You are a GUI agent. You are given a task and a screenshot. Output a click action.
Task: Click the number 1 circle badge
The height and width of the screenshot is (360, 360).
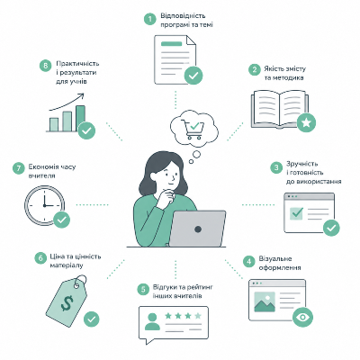point(150,19)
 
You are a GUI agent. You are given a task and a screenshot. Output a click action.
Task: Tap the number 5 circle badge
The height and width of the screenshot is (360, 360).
point(143,290)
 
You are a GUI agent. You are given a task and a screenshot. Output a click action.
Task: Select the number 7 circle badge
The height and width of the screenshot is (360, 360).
point(19,168)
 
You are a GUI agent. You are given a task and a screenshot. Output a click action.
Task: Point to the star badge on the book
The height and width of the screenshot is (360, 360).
point(306,122)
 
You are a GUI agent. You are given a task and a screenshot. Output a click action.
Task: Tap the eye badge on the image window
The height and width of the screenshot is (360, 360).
point(302,317)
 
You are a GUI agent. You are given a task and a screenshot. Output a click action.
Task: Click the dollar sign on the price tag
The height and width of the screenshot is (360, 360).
point(67,302)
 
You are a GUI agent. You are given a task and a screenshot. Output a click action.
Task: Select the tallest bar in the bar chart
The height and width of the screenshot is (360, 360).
point(80,118)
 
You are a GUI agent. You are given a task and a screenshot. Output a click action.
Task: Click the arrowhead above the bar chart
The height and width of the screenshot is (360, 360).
point(81,96)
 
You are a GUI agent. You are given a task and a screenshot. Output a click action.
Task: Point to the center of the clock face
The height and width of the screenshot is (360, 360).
point(44,205)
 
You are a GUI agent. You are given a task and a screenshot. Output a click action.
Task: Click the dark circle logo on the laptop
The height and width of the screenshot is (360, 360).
point(198,229)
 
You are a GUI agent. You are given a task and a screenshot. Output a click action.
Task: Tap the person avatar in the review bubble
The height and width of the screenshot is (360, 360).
point(152,321)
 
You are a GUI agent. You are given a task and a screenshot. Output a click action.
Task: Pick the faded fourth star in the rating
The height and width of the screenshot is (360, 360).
point(198,316)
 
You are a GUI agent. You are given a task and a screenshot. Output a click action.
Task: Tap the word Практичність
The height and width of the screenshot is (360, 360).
point(77,64)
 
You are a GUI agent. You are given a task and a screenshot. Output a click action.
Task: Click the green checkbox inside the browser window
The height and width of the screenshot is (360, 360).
point(296,213)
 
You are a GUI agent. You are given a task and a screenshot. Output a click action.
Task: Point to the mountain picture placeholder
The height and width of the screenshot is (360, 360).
point(265,302)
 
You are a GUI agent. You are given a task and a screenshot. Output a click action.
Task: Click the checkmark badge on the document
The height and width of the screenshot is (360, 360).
point(193,75)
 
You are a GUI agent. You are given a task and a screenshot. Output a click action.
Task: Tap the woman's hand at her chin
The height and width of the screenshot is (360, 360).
point(166,197)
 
